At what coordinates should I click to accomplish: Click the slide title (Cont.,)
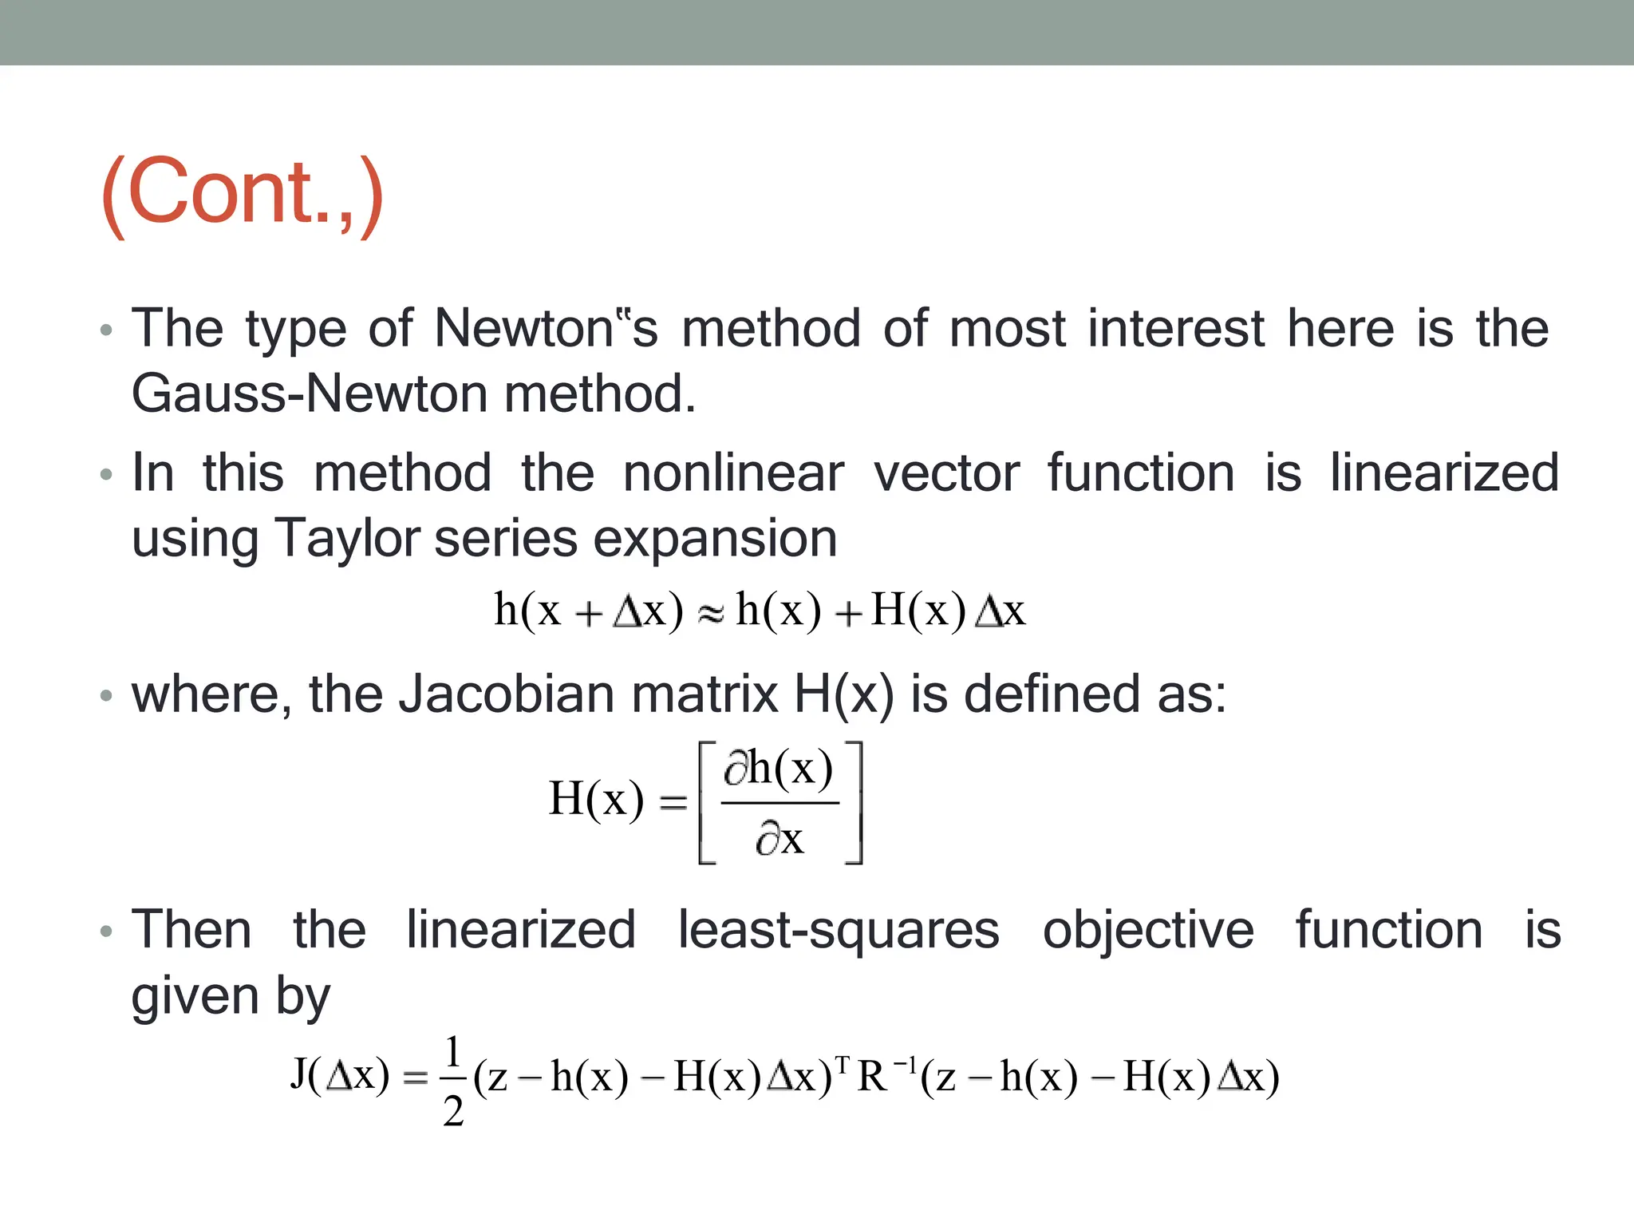pos(243,194)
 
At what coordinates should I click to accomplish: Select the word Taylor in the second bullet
pos(347,539)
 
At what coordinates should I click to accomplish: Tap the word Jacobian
pos(507,694)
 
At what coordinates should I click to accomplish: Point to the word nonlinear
pos(732,473)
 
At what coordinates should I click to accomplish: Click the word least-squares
pos(838,931)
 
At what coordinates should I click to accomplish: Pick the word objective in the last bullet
pos(1148,931)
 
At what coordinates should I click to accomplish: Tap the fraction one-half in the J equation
pos(453,1080)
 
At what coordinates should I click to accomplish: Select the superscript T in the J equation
pos(843,1064)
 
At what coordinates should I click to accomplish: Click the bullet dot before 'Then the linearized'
pos(106,931)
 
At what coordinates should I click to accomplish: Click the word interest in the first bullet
pos(1176,329)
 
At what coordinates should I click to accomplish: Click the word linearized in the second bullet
pos(1444,473)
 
